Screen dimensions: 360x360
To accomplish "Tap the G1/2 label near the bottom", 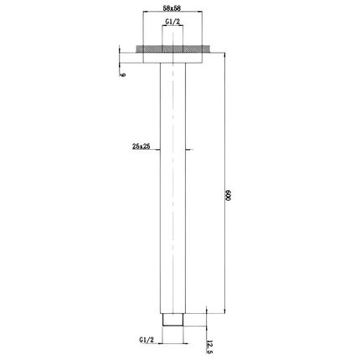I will click(x=146, y=341).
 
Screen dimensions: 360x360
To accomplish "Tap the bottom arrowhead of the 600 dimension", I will click(x=222, y=311).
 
